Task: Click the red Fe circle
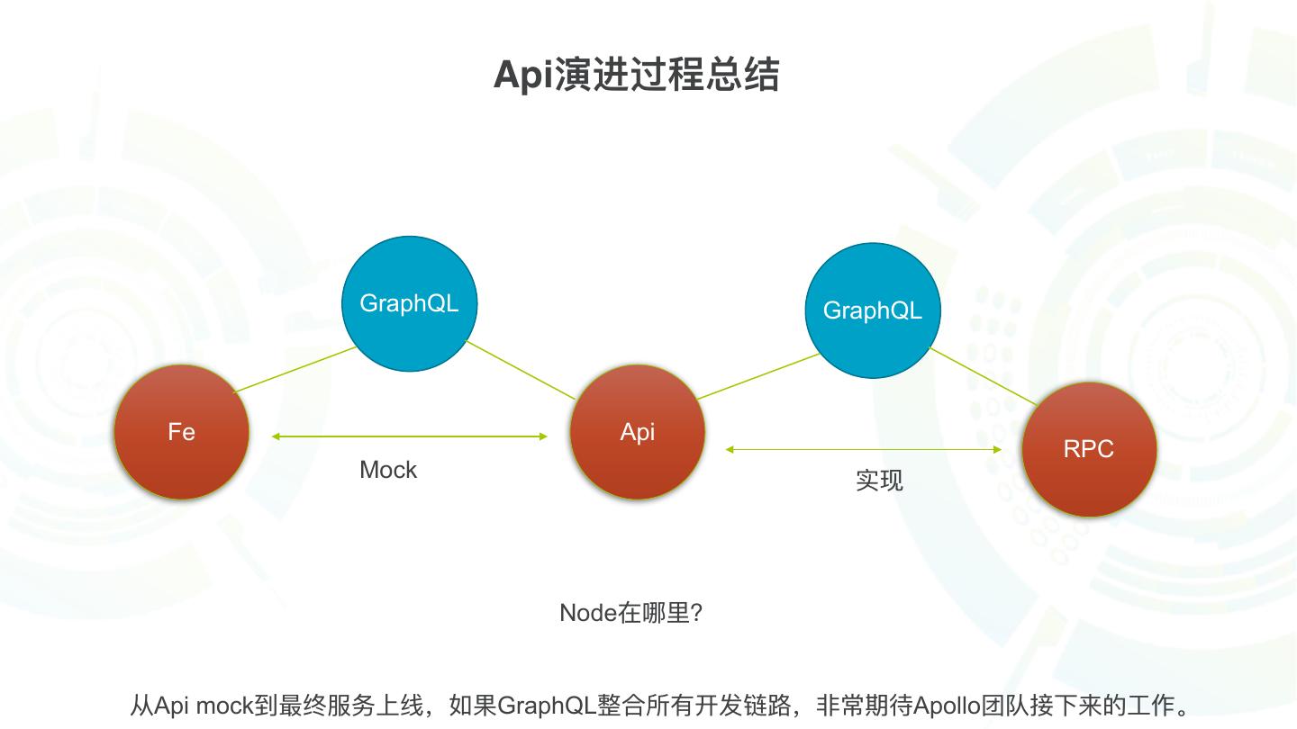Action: [x=181, y=432]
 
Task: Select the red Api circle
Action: [x=637, y=432]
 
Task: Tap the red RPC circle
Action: [x=1089, y=449]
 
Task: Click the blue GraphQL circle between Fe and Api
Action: [x=409, y=303]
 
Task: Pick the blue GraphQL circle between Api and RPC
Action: [x=872, y=310]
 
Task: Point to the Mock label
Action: [x=388, y=470]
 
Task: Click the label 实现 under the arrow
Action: [x=879, y=481]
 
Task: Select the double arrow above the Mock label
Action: [x=410, y=436]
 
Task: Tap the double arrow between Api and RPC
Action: [x=864, y=449]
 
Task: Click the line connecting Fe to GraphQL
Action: [x=295, y=370]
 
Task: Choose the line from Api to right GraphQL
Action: [x=758, y=376]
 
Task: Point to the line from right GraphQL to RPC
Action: [x=984, y=376]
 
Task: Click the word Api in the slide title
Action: [x=522, y=75]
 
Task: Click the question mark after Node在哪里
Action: [x=694, y=613]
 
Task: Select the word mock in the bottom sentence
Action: [x=225, y=705]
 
